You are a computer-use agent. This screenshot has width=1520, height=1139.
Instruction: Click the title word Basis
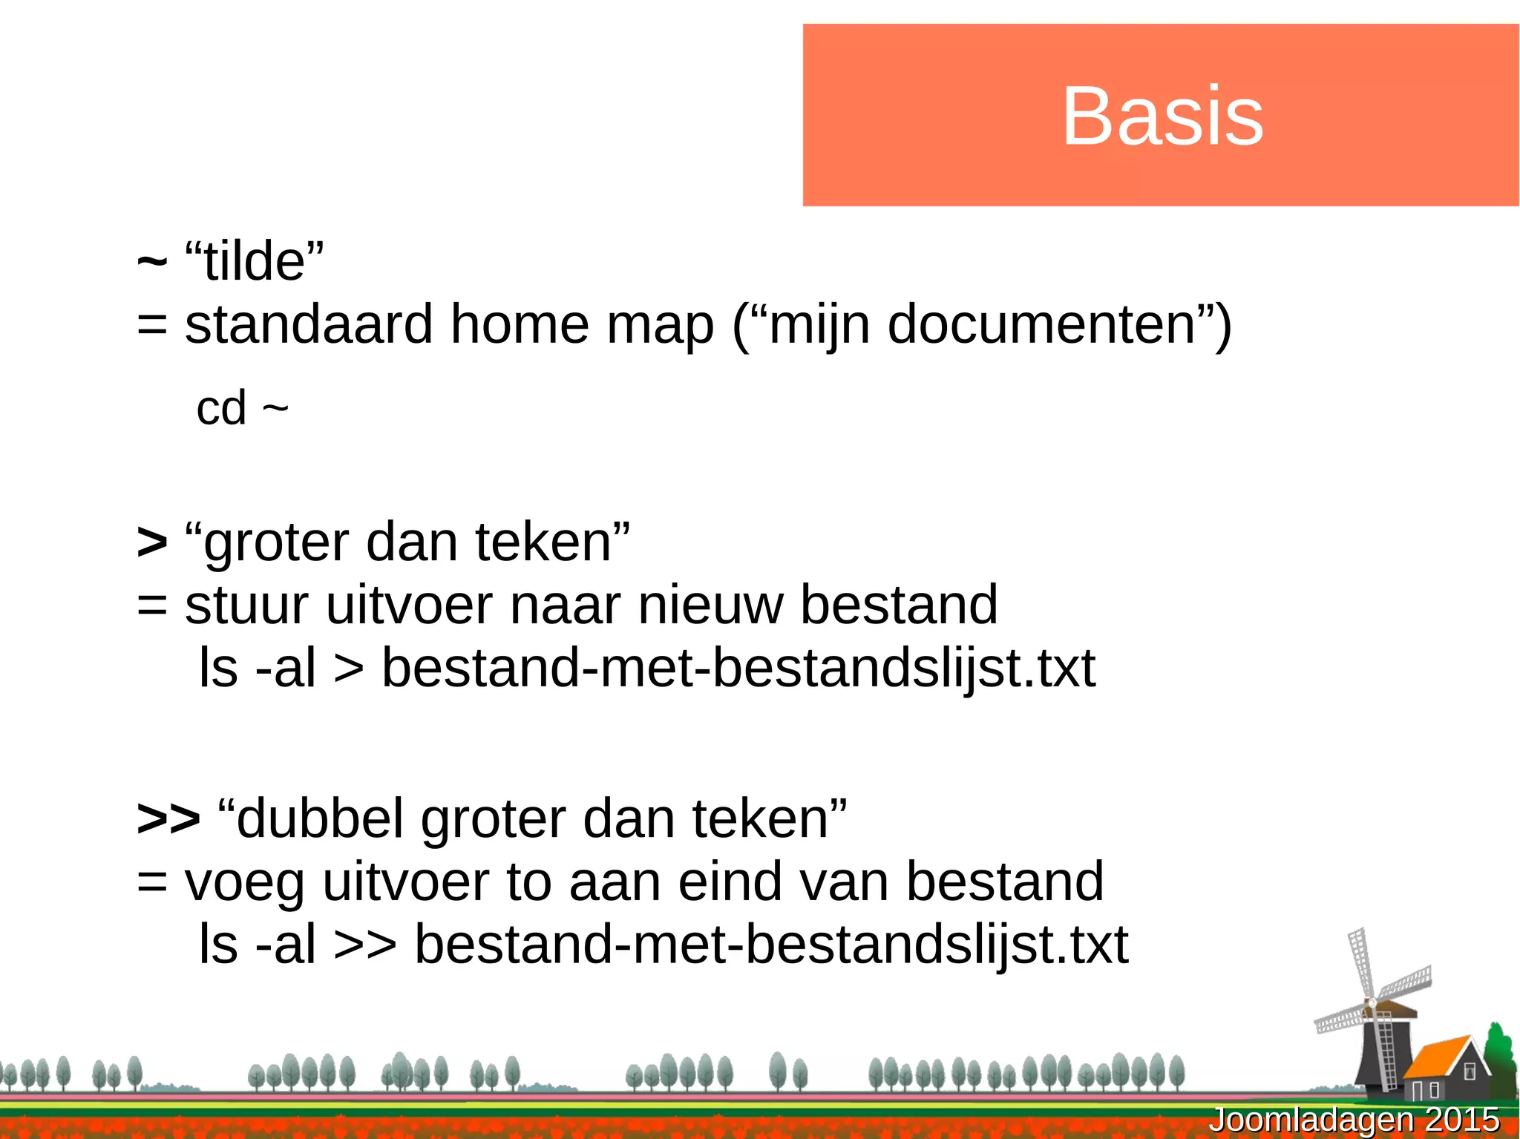click(x=1162, y=116)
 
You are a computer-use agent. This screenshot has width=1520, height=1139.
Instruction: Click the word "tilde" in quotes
click(x=255, y=262)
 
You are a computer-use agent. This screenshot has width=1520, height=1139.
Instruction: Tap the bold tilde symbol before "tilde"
click(x=152, y=262)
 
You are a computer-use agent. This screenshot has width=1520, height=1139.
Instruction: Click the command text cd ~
click(x=242, y=408)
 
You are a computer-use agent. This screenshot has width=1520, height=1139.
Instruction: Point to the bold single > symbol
click(x=152, y=542)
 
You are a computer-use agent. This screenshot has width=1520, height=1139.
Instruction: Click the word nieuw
click(x=710, y=605)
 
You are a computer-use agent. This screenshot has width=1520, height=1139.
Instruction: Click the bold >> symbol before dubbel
click(x=168, y=818)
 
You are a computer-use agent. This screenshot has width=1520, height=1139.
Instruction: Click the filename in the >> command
click(x=770, y=945)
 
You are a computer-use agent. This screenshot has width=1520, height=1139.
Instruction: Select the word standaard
click(x=309, y=325)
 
